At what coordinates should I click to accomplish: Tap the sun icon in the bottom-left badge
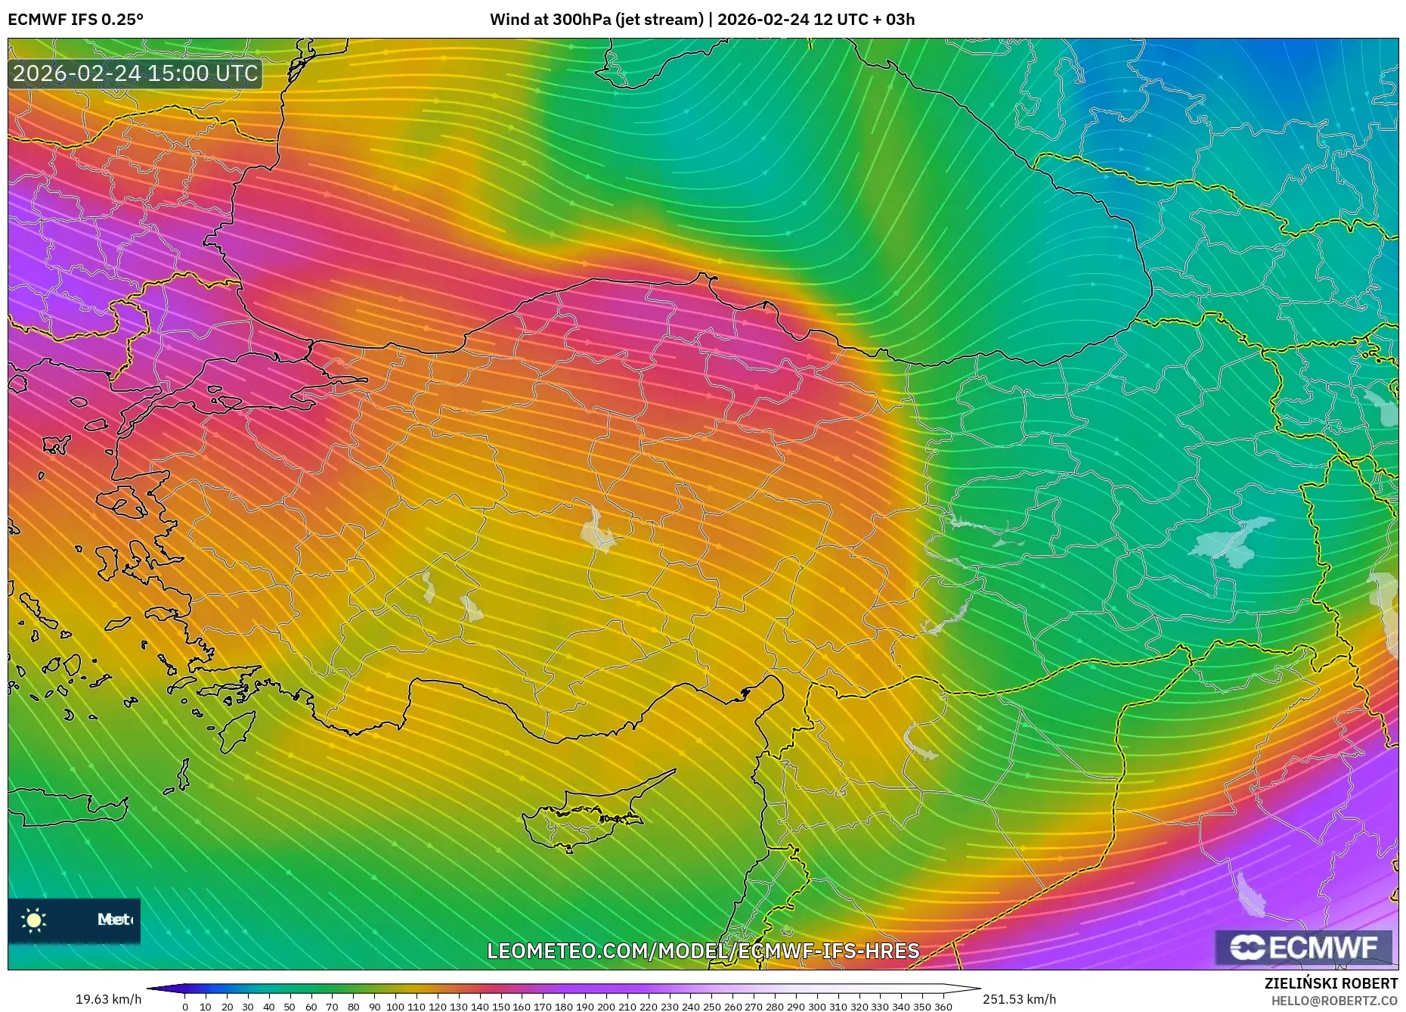pyautogui.click(x=34, y=920)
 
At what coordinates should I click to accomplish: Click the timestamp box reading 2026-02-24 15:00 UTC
pyautogui.click(x=135, y=73)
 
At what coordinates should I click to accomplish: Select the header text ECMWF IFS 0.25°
pyautogui.click(x=76, y=20)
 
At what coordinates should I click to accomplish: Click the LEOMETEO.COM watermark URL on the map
pyautogui.click(x=703, y=951)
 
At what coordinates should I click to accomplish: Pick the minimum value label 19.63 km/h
pyautogui.click(x=108, y=999)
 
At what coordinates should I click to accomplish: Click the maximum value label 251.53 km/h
pyautogui.click(x=1019, y=999)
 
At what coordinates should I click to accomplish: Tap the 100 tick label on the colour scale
pyautogui.click(x=395, y=1007)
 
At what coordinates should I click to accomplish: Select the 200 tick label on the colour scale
pyautogui.click(x=605, y=1007)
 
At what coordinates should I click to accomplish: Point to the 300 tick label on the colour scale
pyautogui.click(x=816, y=1007)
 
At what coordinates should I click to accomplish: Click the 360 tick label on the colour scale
pyautogui.click(x=943, y=1007)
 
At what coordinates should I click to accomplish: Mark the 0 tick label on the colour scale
pyautogui.click(x=185, y=1007)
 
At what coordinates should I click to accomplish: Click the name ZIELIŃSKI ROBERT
pyautogui.click(x=1330, y=983)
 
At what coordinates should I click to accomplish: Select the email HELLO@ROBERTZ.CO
pyautogui.click(x=1333, y=1001)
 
